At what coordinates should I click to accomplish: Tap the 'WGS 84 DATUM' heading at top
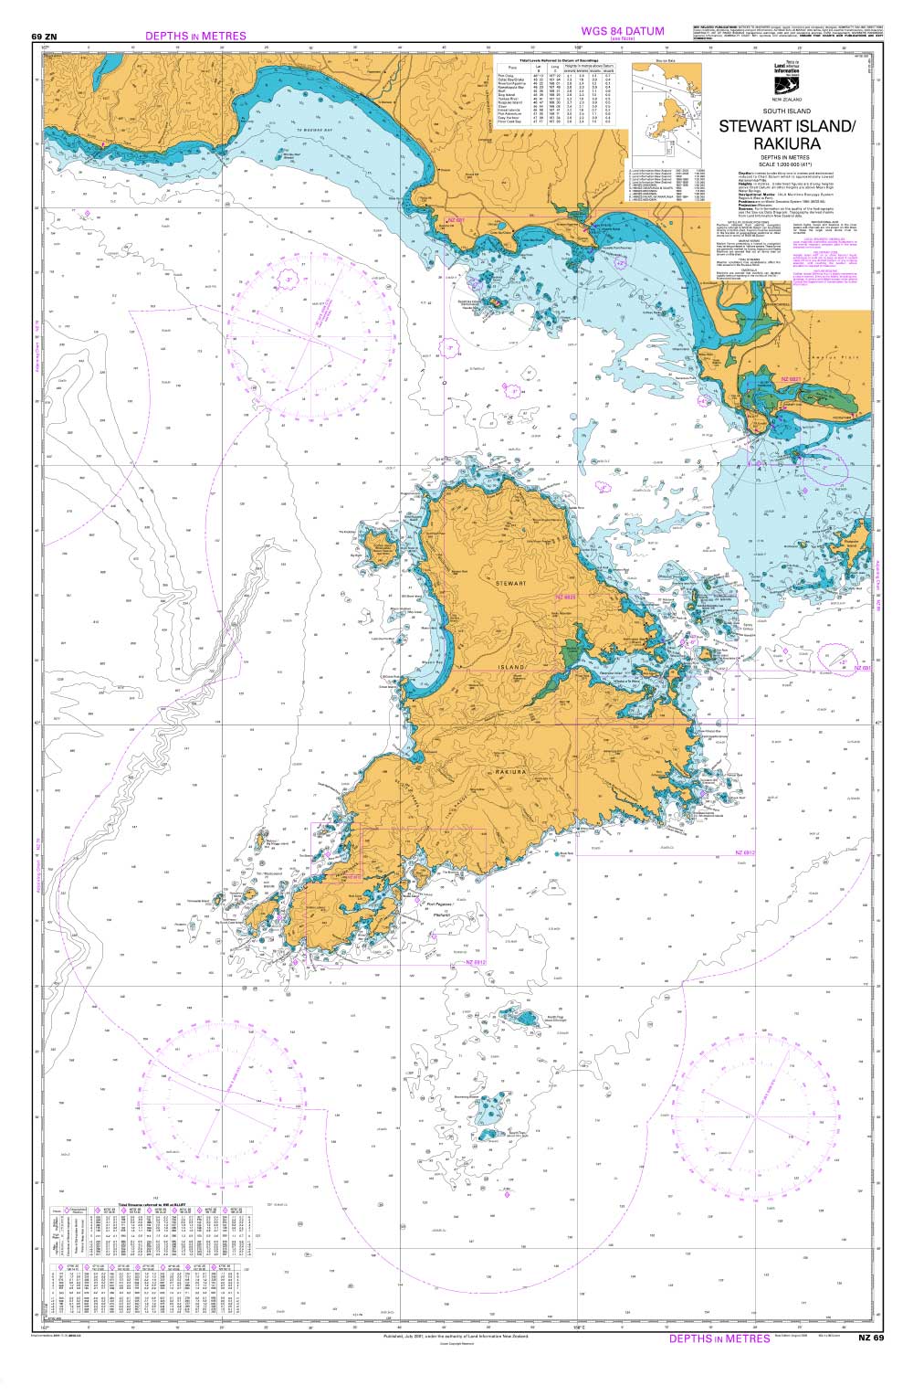[623, 32]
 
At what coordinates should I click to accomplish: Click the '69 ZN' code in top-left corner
[44, 37]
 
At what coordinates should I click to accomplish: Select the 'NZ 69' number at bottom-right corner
[871, 1338]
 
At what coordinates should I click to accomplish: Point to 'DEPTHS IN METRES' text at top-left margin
[195, 37]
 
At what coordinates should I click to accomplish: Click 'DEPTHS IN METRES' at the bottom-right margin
[719, 1338]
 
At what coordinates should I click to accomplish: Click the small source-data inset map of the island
[667, 105]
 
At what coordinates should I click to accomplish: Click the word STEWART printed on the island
[511, 582]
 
